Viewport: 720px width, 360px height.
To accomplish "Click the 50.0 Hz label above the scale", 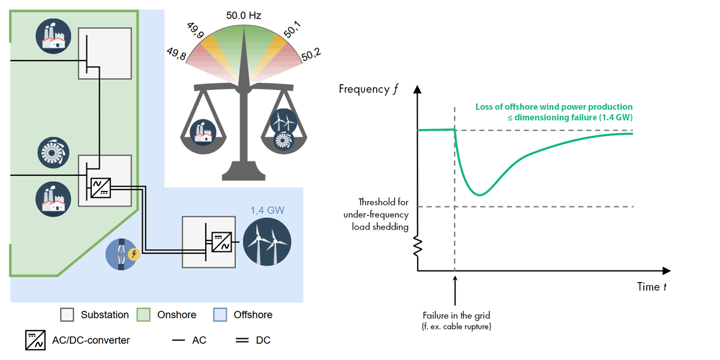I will click(x=244, y=15).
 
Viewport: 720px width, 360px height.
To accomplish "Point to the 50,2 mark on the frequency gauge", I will click(x=311, y=55).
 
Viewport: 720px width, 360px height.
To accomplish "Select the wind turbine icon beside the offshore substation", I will click(x=267, y=242).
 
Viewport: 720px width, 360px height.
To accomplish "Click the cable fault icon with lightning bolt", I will click(x=123, y=254).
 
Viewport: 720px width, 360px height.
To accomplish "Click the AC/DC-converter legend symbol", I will click(x=34, y=340).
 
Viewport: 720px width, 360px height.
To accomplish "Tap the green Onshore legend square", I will click(x=143, y=315).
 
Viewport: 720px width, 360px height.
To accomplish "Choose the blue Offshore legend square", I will click(x=220, y=315).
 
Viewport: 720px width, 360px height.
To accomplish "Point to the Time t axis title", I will click(x=652, y=287).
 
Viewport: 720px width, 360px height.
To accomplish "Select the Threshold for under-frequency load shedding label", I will click(x=376, y=214).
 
